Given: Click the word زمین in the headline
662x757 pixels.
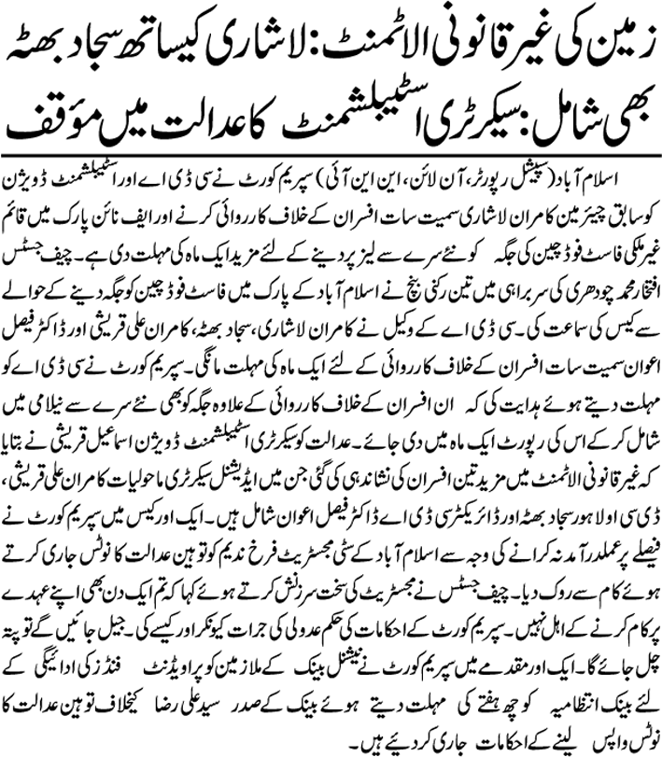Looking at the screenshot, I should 613,42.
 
